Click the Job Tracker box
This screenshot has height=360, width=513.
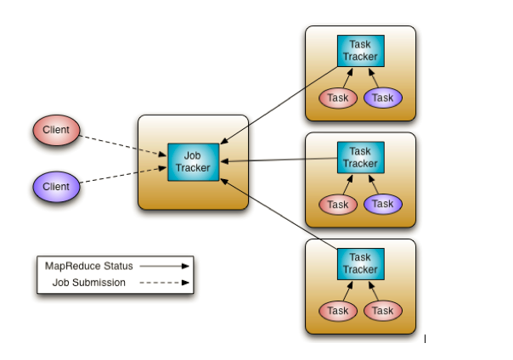tap(193, 161)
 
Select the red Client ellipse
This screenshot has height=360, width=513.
tap(56, 131)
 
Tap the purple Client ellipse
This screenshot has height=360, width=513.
tap(56, 186)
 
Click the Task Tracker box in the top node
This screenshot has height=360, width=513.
tap(360, 51)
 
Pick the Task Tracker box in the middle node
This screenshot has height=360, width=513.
tap(360, 157)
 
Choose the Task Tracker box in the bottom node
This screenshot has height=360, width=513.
tap(360, 263)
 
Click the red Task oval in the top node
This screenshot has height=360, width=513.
tap(338, 98)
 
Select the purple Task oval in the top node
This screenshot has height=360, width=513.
tap(383, 98)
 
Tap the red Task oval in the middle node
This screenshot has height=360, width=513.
tap(338, 204)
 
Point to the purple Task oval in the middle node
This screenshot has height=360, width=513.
tap(383, 204)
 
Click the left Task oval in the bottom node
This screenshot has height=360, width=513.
tap(338, 311)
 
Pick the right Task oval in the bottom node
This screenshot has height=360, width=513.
tap(383, 311)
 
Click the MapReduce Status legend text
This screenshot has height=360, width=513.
tap(88, 266)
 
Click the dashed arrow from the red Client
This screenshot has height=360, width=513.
tap(124, 143)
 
